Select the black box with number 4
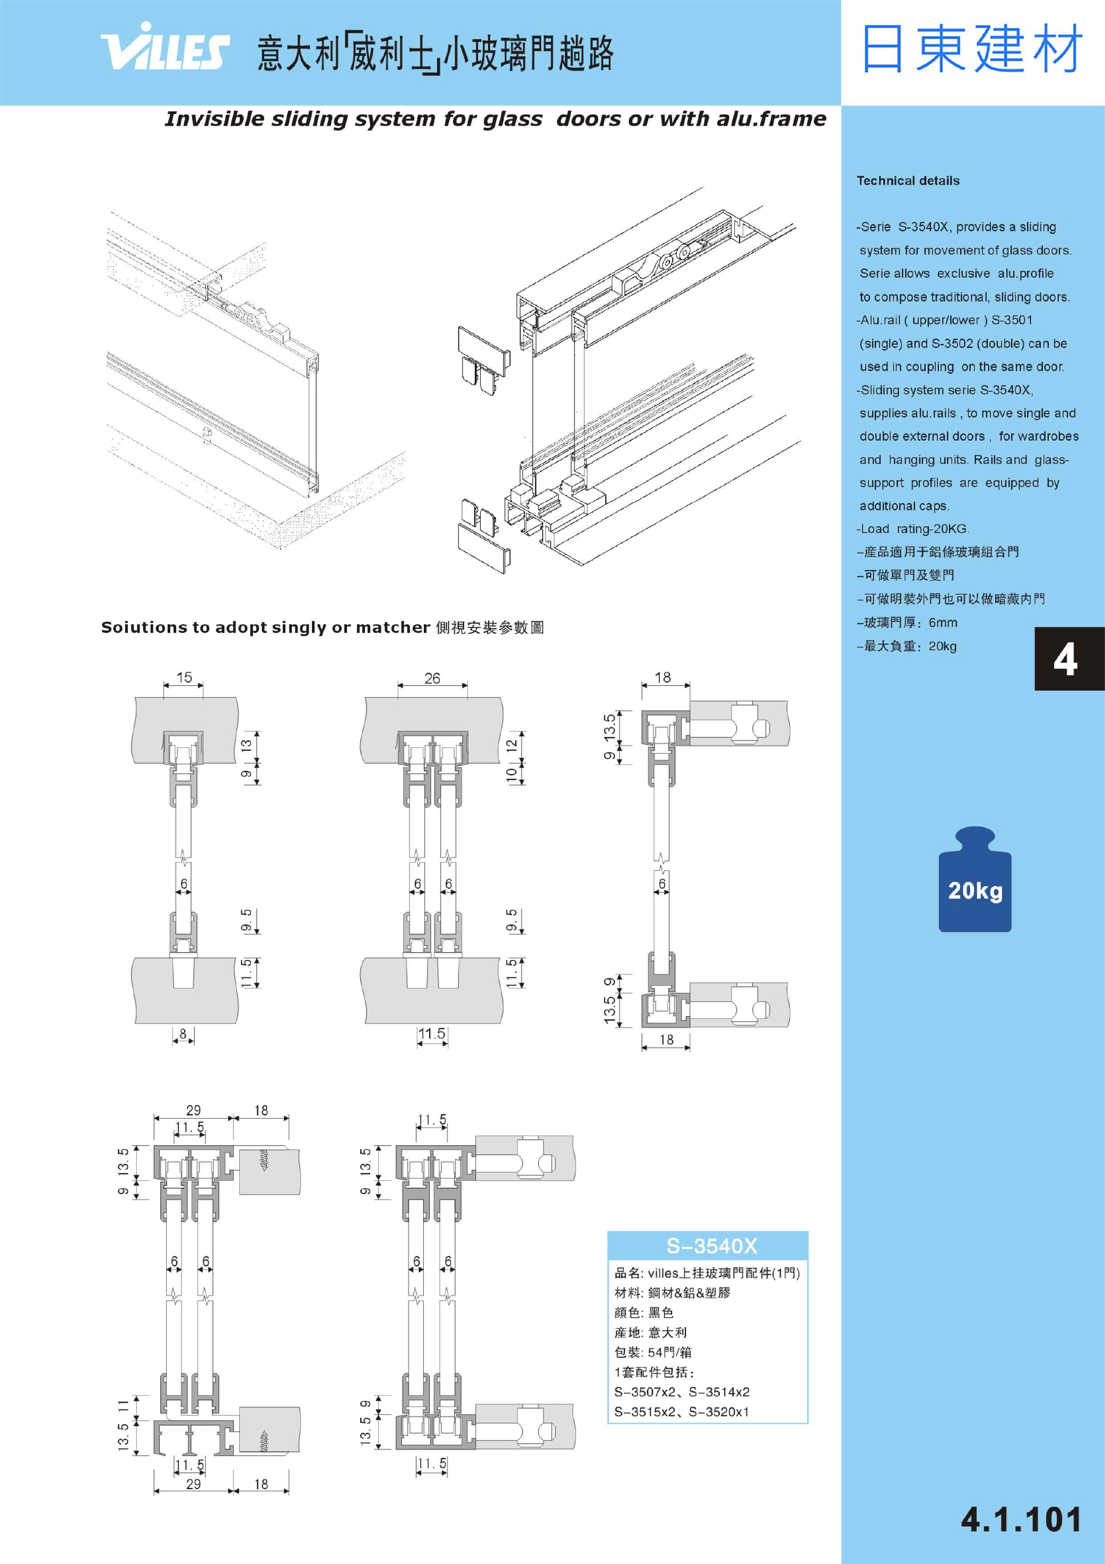pyautogui.click(x=1066, y=659)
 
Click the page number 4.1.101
pyautogui.click(x=1021, y=1520)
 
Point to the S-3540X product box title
pyautogui.click(x=711, y=1247)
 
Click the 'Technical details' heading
pyautogui.click(x=908, y=181)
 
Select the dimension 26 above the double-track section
pyautogui.click(x=432, y=678)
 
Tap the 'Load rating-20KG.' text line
pyautogui.click(x=913, y=529)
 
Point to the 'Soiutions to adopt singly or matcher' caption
pyautogui.click(x=266, y=628)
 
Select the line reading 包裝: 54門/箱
pyautogui.click(x=652, y=1352)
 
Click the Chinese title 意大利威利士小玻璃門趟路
pyautogui.click(x=436, y=53)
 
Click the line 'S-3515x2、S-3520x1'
pyautogui.click(x=681, y=1412)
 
